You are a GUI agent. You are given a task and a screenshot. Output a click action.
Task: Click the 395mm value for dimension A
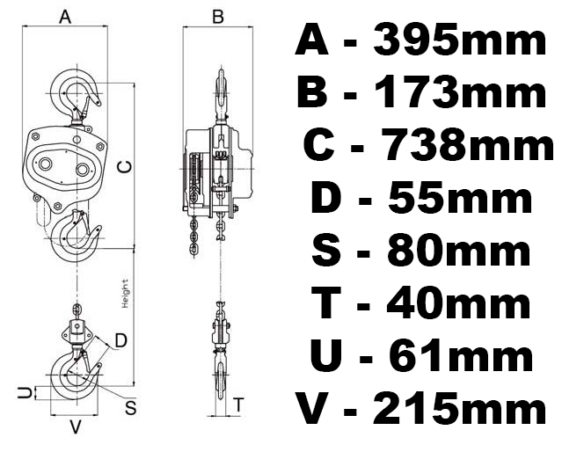460,39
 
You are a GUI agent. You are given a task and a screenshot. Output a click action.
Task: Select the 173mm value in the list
460,91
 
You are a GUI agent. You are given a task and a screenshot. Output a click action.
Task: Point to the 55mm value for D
460,197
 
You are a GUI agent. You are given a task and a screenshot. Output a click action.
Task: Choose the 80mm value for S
458,250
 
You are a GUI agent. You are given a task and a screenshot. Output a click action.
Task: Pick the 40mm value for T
458,303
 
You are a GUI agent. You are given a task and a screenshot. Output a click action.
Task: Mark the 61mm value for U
460,355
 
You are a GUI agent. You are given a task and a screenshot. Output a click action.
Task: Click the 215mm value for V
460,408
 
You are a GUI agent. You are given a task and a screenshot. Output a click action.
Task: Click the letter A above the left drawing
65,17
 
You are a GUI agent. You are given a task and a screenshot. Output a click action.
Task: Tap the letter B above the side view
218,17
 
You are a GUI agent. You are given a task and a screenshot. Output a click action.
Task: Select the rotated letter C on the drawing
124,167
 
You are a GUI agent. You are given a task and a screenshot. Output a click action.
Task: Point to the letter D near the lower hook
121,340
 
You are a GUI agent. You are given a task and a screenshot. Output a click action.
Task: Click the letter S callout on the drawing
131,408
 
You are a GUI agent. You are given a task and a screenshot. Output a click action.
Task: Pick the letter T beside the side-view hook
238,405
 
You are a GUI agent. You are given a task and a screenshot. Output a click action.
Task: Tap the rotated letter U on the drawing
25,392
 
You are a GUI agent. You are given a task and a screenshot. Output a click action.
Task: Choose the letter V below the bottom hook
76,427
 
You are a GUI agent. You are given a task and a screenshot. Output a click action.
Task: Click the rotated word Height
126,294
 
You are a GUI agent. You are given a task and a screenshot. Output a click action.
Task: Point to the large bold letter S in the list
326,251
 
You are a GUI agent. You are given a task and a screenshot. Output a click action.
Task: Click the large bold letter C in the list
318,144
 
